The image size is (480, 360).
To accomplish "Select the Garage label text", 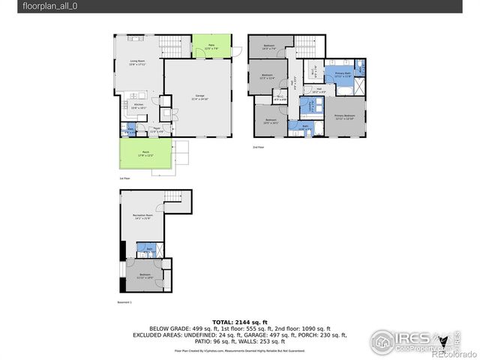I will tap(200, 97).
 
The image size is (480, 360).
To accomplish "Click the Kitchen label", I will tap(139, 106).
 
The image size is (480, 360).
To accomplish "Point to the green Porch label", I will tap(145, 154).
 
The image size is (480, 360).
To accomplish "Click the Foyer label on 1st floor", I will tap(157, 130).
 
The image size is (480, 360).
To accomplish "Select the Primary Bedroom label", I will tap(344, 117).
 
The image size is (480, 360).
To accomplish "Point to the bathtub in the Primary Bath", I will tap(344, 89).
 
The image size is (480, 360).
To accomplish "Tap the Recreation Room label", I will tap(143, 217).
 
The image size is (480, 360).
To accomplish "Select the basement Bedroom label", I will tap(145, 275).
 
